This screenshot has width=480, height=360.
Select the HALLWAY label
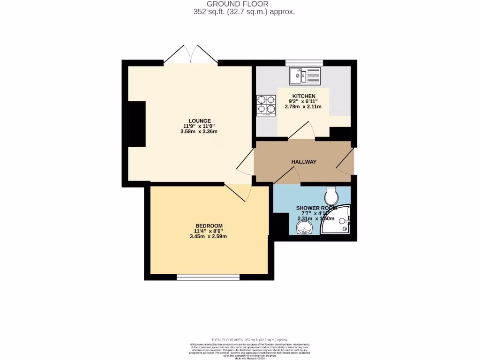[x=304, y=162]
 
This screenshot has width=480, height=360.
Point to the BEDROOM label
[x=208, y=225]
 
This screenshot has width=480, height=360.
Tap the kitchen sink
[x=304, y=76]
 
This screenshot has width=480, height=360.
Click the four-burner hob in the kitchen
[x=266, y=105]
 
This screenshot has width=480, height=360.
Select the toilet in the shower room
[x=331, y=193]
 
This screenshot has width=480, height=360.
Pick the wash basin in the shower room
[x=304, y=228]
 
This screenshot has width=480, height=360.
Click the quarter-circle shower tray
[x=338, y=222]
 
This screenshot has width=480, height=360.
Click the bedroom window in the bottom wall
[x=208, y=277]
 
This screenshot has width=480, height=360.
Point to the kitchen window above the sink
[x=304, y=62]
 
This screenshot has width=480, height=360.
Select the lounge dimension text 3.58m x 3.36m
[x=199, y=132]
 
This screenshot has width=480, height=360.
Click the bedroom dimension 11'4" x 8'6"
[x=208, y=231]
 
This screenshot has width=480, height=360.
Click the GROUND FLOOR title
[x=244, y=4]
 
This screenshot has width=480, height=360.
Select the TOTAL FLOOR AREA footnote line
[x=249, y=340]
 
